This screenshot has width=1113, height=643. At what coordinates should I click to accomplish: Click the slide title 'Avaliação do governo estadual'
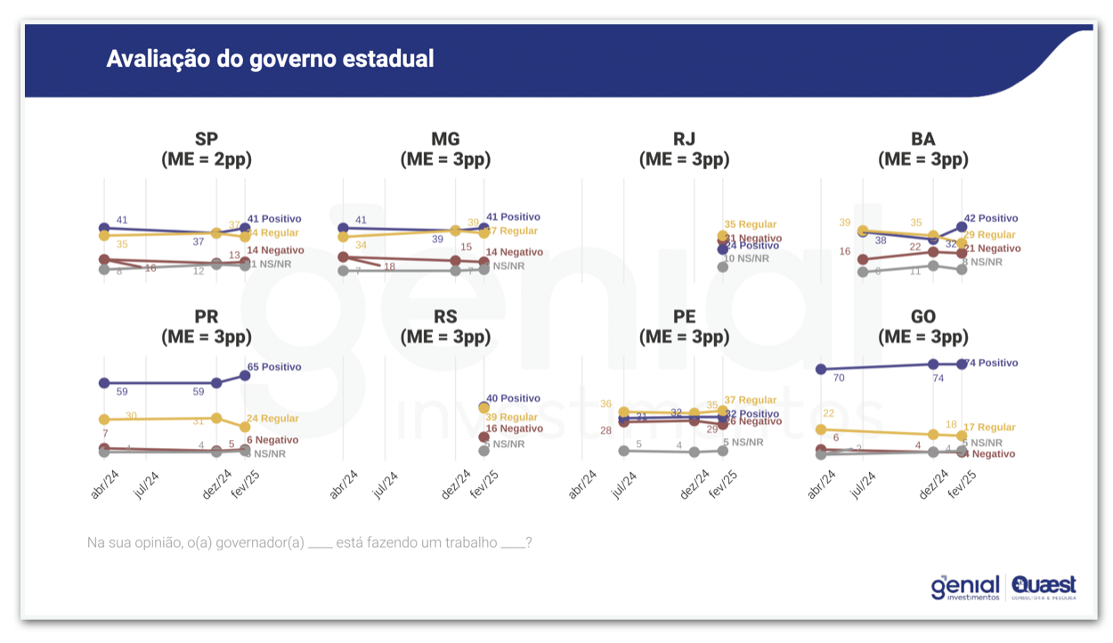pyautogui.click(x=270, y=59)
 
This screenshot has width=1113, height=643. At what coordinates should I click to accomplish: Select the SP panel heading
pyautogui.click(x=207, y=149)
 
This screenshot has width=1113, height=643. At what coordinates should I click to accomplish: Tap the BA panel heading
pyautogui.click(x=923, y=149)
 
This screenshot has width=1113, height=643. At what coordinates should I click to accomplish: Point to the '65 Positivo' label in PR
pyautogui.click(x=274, y=367)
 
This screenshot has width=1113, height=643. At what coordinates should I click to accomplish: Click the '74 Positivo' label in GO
pyautogui.click(x=993, y=363)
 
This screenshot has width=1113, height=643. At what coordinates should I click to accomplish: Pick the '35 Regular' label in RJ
pyautogui.click(x=751, y=224)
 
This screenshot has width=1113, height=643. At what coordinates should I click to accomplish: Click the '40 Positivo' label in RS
pyautogui.click(x=513, y=398)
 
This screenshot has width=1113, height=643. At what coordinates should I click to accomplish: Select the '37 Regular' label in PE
pyautogui.click(x=751, y=400)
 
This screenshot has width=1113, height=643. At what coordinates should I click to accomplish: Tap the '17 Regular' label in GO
pyautogui.click(x=989, y=427)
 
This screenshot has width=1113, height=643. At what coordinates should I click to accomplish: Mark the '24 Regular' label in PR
pyautogui.click(x=272, y=419)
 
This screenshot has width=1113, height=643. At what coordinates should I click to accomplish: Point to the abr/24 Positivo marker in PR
pyautogui.click(x=104, y=383)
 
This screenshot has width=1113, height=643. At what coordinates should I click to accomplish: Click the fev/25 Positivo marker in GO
pyautogui.click(x=962, y=363)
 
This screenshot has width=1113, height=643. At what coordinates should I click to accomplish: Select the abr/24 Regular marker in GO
pyautogui.click(x=821, y=429)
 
